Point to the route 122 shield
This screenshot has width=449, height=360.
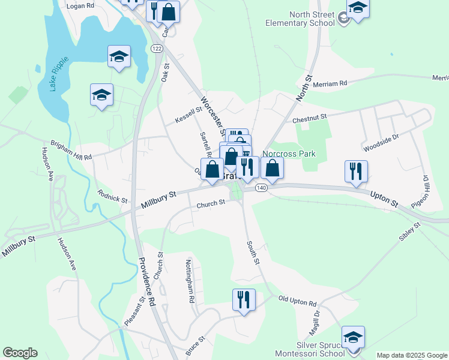point(157,49)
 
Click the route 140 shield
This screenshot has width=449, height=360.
point(261,188)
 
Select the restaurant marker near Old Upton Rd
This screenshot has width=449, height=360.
point(244,299)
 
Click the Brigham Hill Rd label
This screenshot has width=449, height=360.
point(71,153)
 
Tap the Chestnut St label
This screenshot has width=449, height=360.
point(309,119)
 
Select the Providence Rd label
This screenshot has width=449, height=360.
point(147,281)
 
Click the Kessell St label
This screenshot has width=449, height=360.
point(188,116)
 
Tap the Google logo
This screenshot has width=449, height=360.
point(20,353)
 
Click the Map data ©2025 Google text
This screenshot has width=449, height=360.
point(411,355)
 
